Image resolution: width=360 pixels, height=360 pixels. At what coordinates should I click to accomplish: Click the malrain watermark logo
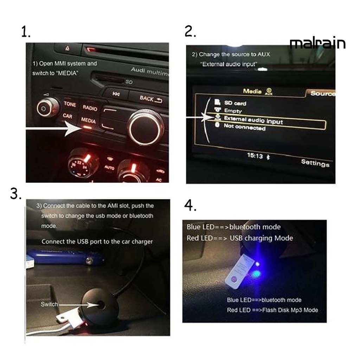(x=317, y=44)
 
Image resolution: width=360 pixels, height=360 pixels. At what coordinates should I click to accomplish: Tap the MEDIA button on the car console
(x=88, y=121)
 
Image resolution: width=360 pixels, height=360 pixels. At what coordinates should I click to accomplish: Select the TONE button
(x=70, y=104)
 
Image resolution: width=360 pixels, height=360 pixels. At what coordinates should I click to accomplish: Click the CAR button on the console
(x=67, y=116)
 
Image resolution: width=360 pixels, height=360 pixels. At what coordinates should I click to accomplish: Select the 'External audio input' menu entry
(x=253, y=121)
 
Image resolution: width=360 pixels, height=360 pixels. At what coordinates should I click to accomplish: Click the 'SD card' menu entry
(x=235, y=103)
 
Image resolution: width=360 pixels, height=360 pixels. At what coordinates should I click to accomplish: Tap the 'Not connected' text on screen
(x=244, y=128)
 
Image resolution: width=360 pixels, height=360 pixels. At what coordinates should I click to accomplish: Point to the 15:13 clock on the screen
(x=255, y=156)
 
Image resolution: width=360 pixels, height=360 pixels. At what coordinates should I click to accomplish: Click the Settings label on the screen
(x=315, y=163)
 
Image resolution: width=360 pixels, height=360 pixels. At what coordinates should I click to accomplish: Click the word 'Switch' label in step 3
(x=49, y=304)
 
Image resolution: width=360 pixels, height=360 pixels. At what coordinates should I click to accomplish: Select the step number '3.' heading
(x=16, y=194)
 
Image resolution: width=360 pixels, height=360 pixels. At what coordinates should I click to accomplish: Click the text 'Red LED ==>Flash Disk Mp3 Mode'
(x=272, y=310)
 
